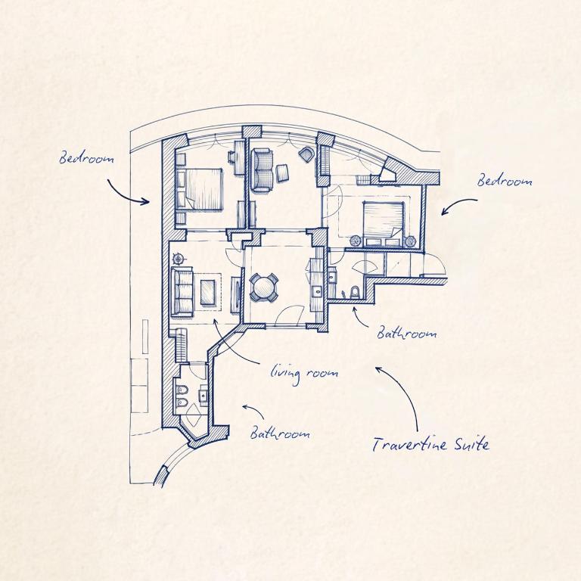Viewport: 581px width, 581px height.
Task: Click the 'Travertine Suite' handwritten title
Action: coord(430,443)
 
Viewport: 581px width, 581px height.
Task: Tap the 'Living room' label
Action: coord(304,373)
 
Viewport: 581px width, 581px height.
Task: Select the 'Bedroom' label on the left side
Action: coord(87,159)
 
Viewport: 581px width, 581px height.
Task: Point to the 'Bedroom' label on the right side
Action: coord(505,181)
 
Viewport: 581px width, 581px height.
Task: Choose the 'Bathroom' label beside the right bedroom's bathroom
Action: coord(406,333)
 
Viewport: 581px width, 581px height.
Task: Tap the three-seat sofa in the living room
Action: coord(182,292)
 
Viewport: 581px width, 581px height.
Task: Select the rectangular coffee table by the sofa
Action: coord(208,292)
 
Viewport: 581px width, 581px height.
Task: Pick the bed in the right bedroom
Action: coord(384,223)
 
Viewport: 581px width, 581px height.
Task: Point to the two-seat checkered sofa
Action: coord(263,170)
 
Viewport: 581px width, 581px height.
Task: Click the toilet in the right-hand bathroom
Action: coord(355,292)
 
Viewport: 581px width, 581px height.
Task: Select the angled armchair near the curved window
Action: coord(307,154)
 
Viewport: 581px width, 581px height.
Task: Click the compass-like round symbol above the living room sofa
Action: coord(179,258)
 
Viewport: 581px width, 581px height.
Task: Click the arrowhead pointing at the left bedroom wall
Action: coord(147,201)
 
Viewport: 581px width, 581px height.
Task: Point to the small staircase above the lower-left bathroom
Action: coord(181,345)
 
